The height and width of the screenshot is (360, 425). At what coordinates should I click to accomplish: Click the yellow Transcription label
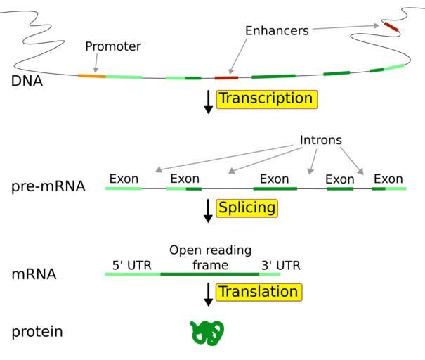pos(266,98)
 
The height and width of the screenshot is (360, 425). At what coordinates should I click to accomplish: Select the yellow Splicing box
pos(247,208)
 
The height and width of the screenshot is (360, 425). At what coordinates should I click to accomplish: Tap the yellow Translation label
pos(259,292)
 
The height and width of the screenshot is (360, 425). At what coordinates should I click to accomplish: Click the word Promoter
pos(113,46)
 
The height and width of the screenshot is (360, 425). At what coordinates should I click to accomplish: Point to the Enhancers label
pos(277,31)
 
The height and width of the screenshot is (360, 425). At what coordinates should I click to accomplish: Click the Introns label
pos(321,141)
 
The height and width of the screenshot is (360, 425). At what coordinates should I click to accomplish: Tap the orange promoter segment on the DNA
pos(91,75)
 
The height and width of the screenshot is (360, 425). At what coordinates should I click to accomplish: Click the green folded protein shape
pos(207,332)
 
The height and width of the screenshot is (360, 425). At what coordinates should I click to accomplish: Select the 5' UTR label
pos(131,266)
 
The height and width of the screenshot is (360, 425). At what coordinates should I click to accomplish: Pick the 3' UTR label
pos(281,266)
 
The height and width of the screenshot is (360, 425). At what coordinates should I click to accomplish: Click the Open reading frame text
pos(211,257)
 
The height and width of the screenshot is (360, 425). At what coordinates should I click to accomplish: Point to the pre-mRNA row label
pos(48,187)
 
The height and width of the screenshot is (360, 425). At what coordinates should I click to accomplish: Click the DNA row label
pos(27,81)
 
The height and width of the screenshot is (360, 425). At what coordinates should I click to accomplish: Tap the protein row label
pos(37,331)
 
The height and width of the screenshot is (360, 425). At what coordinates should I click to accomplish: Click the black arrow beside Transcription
pos(208,101)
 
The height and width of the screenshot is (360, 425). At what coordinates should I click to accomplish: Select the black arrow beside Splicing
pos(208,210)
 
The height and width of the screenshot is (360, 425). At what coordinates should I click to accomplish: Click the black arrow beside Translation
pos(208,294)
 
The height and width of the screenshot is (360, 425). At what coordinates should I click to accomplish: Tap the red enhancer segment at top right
pos(391,27)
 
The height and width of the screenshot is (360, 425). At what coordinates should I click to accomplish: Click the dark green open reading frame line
pos(209,274)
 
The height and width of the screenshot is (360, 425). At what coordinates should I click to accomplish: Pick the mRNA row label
pos(34,274)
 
